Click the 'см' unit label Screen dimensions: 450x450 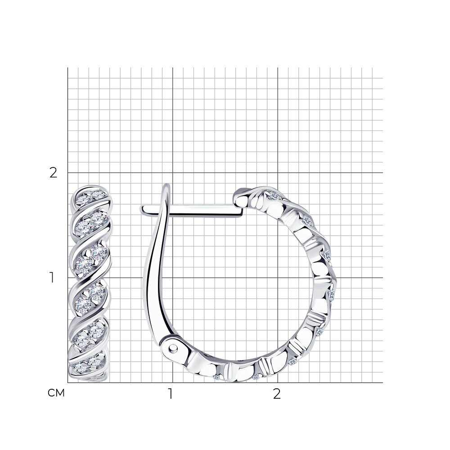[56, 393]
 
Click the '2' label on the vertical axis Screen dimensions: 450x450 [54, 173]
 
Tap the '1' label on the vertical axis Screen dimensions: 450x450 [52, 278]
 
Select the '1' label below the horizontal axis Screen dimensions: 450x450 [171, 394]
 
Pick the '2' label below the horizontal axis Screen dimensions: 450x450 [276, 394]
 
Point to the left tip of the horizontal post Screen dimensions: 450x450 [141, 210]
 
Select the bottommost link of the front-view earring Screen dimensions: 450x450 [88, 368]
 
